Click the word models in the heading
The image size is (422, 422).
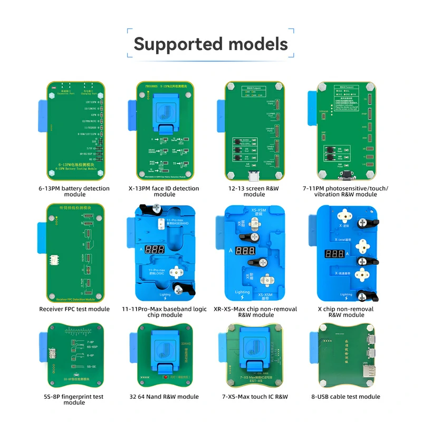point(254,43)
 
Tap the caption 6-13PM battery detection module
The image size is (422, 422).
point(74,191)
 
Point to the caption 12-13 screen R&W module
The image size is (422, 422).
point(254,191)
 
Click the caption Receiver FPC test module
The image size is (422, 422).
point(74,309)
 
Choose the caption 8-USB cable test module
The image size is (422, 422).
point(346,397)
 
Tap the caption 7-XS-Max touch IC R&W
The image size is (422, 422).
point(254,397)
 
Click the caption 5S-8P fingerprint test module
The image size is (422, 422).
point(74,400)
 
